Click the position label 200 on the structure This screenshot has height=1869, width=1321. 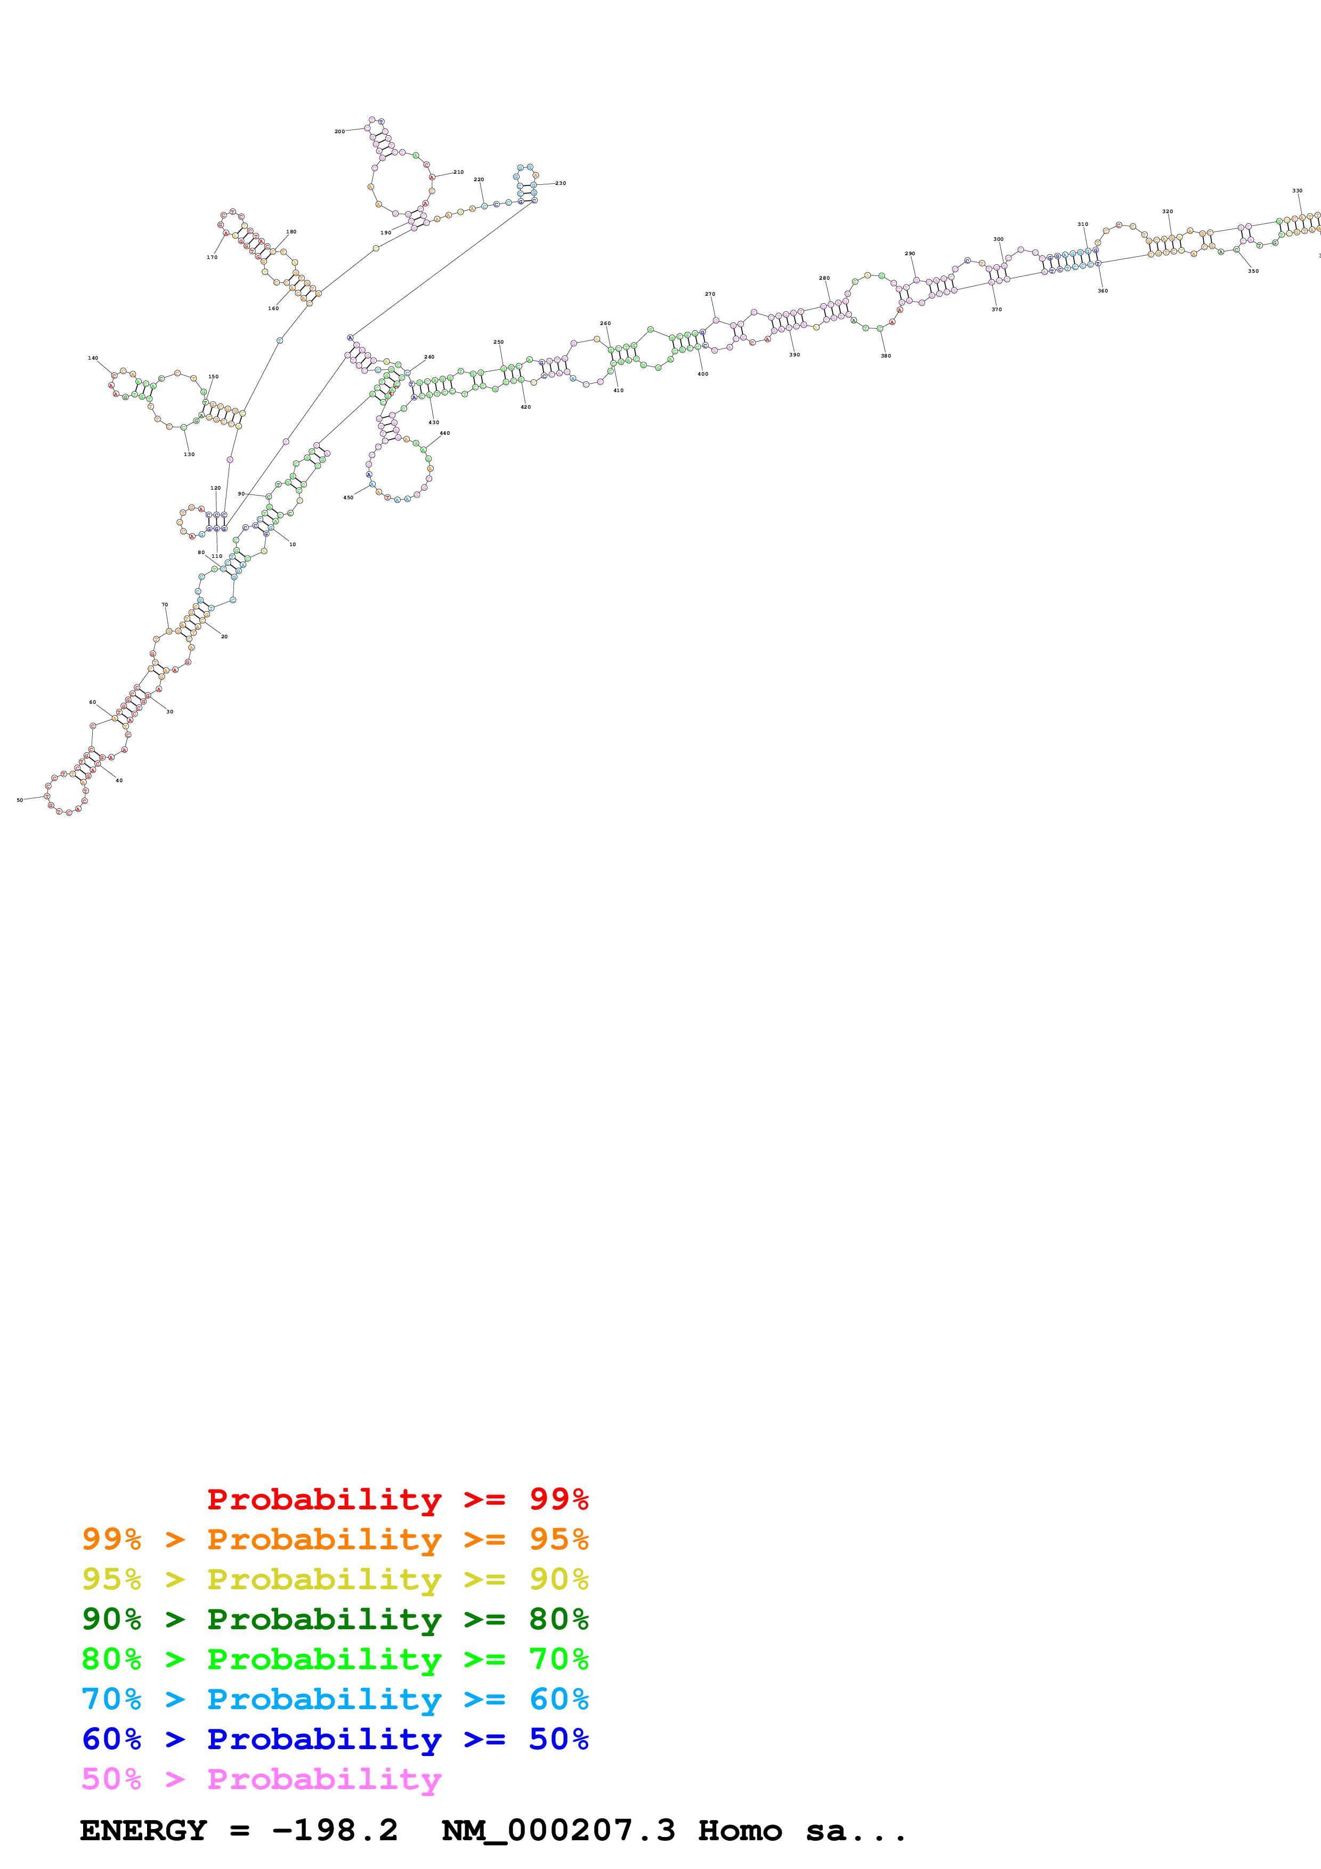(339, 131)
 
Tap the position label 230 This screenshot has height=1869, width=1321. (561, 183)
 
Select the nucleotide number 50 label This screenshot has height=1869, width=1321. (20, 800)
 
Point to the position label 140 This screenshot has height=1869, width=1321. (93, 358)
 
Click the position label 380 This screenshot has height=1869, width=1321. (886, 356)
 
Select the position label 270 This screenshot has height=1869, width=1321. (710, 294)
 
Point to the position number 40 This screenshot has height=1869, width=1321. (119, 781)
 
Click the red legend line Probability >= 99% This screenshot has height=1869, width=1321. (397, 1499)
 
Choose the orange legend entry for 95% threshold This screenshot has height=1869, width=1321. (335, 1539)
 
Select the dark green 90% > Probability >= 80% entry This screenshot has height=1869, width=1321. (335, 1619)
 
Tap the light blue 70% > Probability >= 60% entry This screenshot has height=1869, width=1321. (335, 1699)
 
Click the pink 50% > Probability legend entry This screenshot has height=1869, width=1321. (261, 1778)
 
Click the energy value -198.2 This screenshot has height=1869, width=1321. (335, 1831)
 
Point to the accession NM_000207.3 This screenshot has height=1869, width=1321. (558, 1831)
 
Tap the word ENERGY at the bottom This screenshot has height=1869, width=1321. (143, 1831)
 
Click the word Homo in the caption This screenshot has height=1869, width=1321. (740, 1831)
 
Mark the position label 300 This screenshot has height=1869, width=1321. (998, 239)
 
